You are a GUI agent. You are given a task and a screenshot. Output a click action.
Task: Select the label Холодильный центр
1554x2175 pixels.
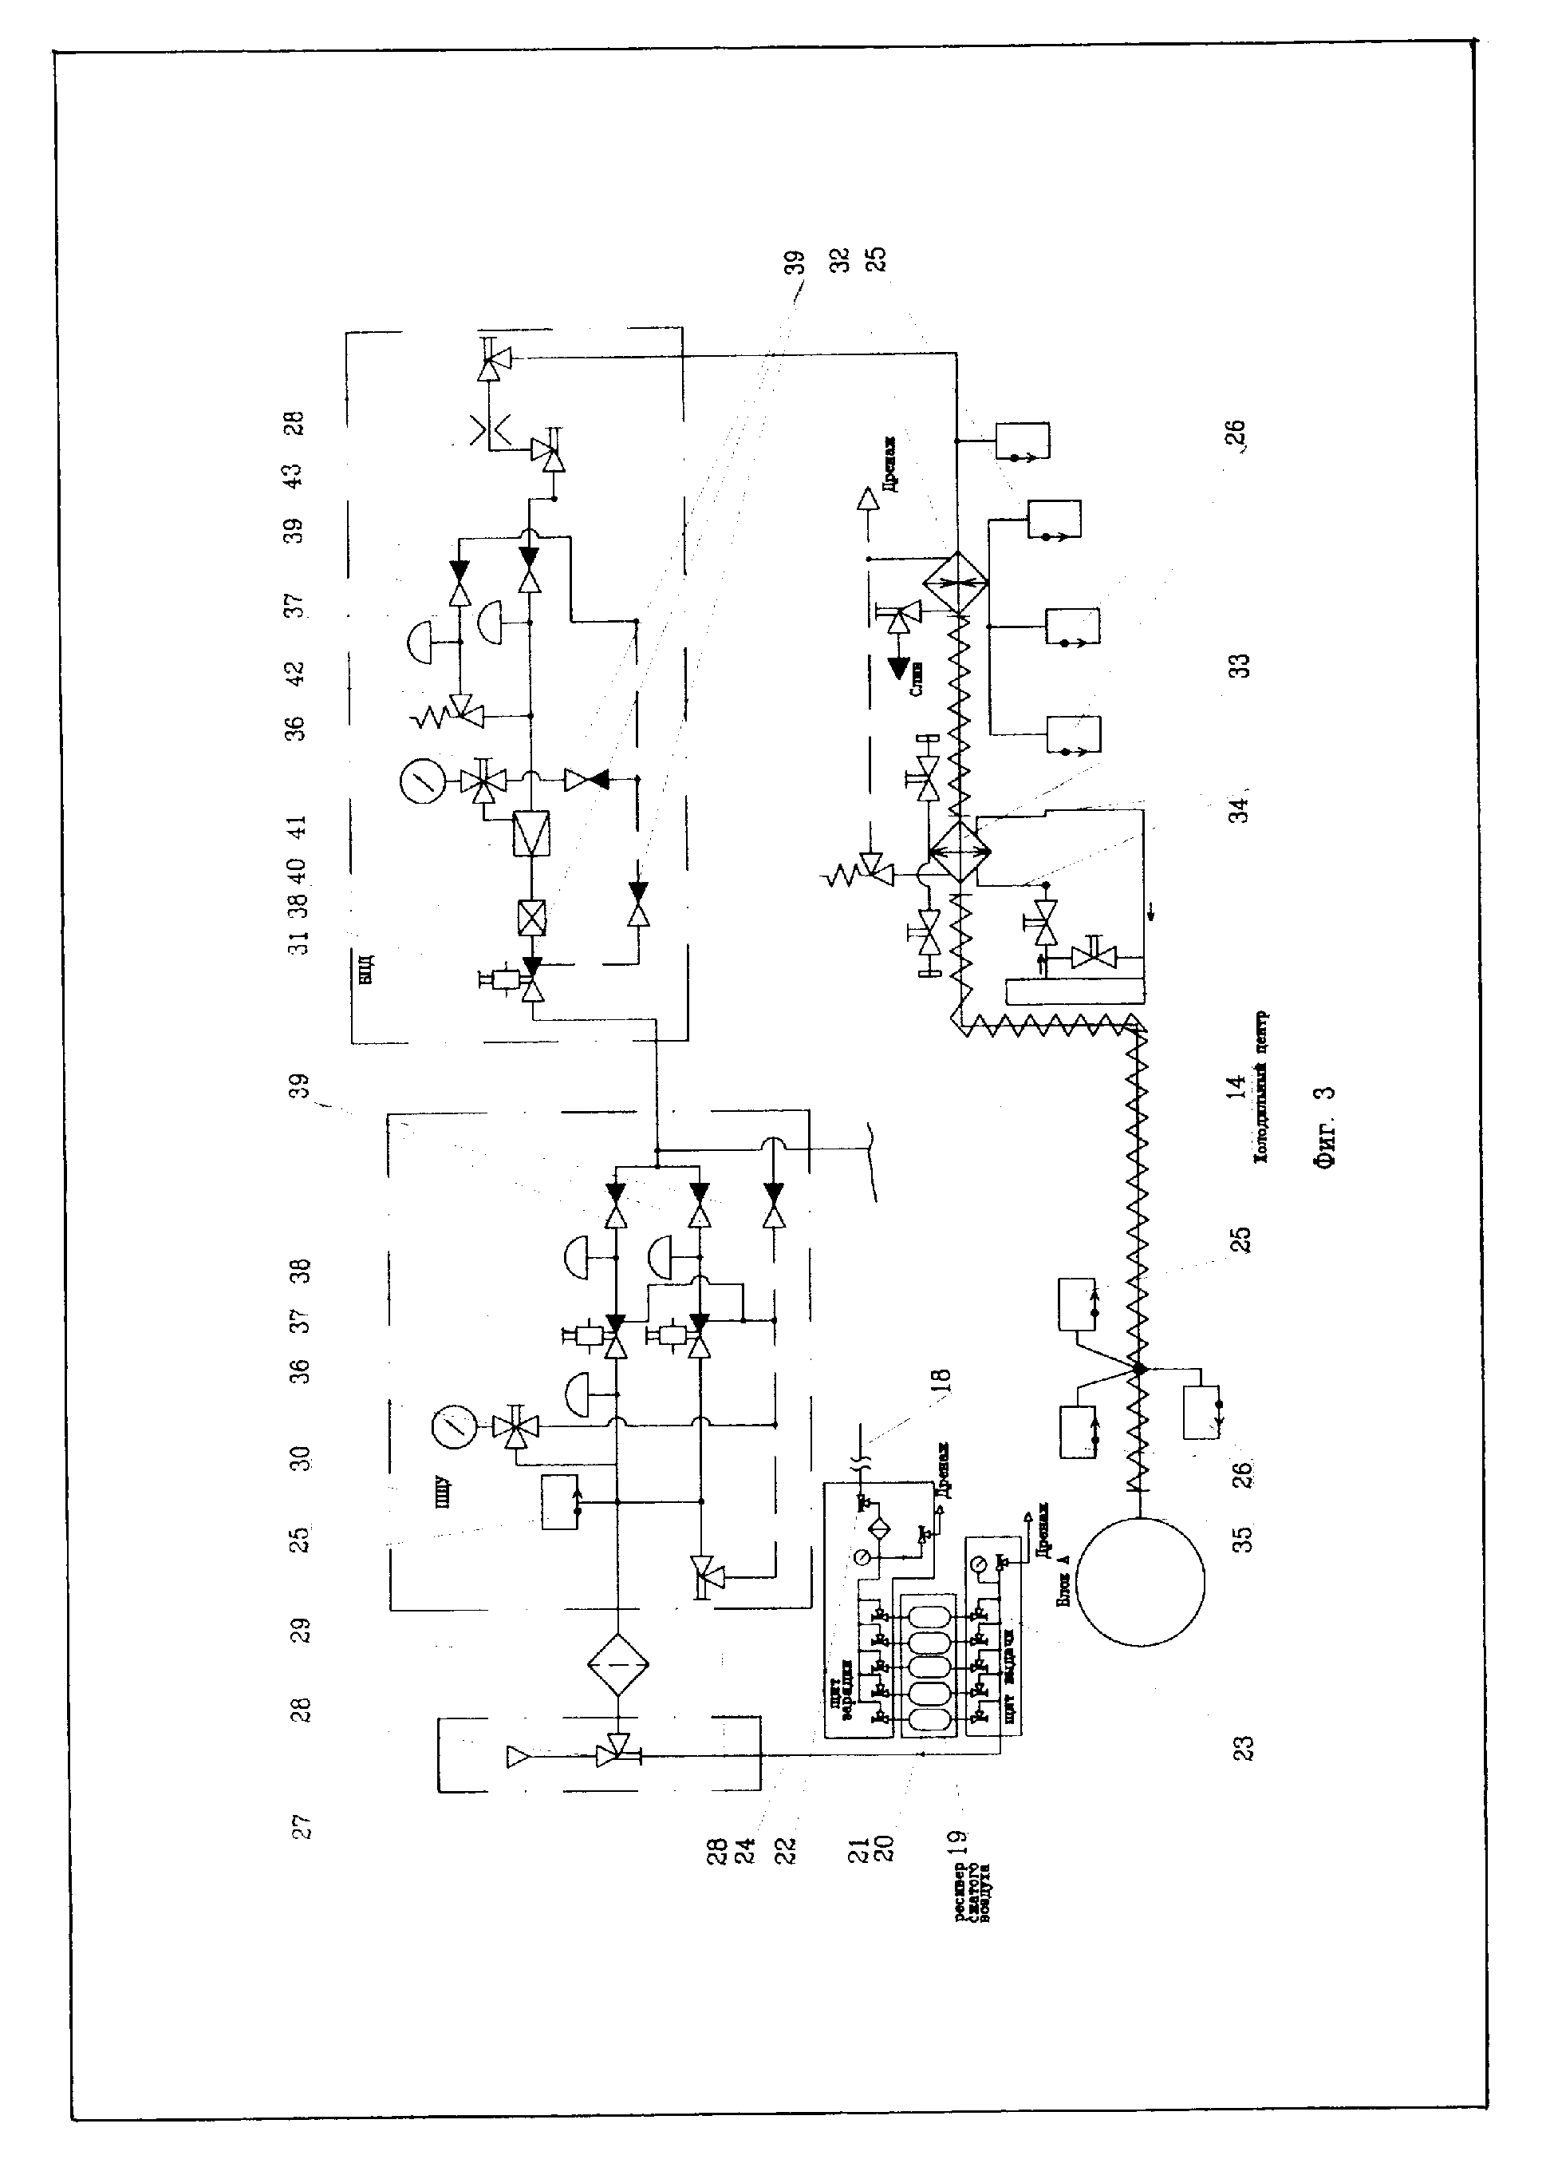[x=1262, y=1087]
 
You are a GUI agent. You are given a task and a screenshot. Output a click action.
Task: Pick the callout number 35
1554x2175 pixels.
[x=1241, y=1538]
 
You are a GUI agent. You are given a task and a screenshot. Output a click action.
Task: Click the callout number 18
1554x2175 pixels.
[x=943, y=1379]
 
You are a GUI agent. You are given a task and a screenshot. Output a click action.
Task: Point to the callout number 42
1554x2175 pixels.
[x=296, y=673]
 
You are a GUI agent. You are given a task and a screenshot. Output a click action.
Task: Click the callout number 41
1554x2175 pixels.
[x=298, y=826]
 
